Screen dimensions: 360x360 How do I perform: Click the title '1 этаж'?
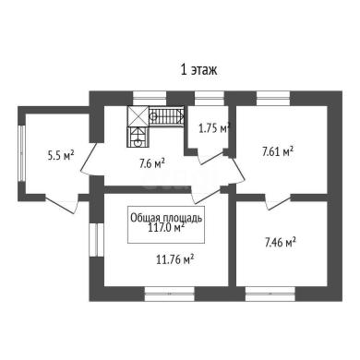(x=198, y=70)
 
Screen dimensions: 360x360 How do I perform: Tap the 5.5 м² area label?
(x=61, y=155)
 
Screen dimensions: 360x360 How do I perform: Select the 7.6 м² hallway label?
(x=152, y=163)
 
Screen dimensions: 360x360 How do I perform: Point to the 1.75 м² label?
(x=214, y=128)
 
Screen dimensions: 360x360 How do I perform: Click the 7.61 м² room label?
(x=278, y=151)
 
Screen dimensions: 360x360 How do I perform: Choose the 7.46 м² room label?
(x=281, y=242)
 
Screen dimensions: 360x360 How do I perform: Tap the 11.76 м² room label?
(x=175, y=260)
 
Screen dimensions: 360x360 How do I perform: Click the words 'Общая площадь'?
(x=166, y=218)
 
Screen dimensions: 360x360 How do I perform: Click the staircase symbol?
(x=166, y=116)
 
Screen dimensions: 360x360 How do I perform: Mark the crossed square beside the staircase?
(x=138, y=116)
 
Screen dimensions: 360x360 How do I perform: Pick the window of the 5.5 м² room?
(x=21, y=153)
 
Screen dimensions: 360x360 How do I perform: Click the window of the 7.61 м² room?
(x=273, y=98)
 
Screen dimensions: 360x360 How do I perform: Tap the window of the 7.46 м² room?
(x=270, y=294)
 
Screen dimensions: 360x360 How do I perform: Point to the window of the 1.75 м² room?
(x=210, y=98)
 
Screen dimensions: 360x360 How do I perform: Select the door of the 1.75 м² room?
(x=212, y=156)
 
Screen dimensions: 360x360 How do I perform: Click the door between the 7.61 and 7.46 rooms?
(x=279, y=202)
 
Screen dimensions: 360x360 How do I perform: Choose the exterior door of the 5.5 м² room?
(x=63, y=204)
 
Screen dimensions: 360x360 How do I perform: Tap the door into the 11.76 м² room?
(x=207, y=195)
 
